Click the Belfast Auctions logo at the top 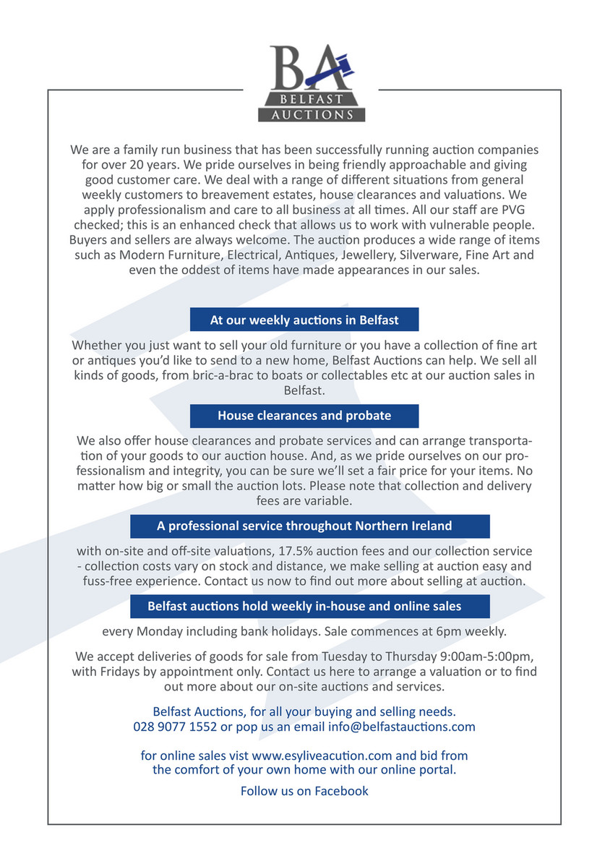(x=312, y=83)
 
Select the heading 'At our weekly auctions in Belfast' (x=304, y=319)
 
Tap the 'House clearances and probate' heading (x=304, y=416)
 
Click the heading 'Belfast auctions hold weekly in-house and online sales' (x=304, y=606)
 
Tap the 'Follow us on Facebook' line (x=304, y=791)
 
